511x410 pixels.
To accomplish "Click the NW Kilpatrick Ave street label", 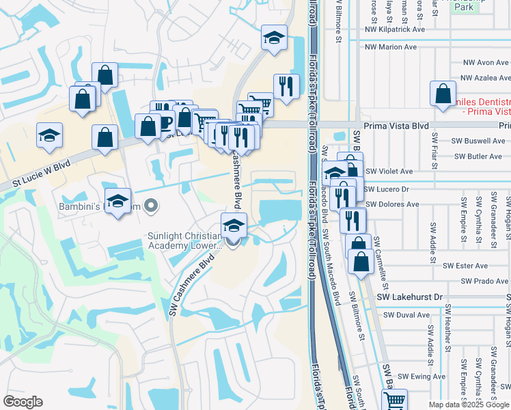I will [395, 29].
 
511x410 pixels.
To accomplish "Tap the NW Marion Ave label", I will [391, 47].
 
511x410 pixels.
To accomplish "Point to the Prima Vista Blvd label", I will [396, 126].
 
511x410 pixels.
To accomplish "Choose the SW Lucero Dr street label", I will [387, 189].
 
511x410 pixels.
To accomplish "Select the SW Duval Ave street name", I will [406, 315].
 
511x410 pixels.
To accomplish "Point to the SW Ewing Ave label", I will [422, 377].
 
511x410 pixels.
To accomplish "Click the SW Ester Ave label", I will [465, 266].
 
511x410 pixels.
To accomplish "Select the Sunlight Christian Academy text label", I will [184, 241].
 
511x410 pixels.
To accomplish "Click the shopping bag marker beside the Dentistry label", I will [443, 94].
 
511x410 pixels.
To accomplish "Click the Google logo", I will [23, 402].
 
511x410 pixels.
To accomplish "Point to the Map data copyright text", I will [469, 405].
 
